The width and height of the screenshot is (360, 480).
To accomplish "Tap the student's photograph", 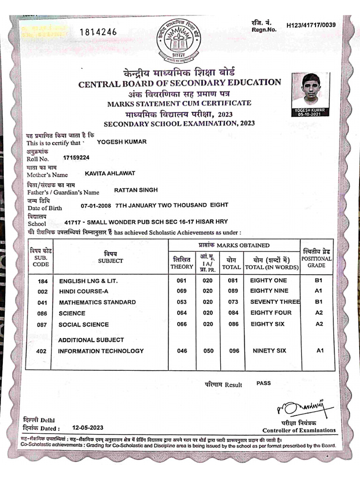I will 310,91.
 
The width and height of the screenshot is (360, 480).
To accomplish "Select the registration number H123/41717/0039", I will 311,25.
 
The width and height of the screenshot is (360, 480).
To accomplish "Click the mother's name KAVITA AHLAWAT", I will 110,173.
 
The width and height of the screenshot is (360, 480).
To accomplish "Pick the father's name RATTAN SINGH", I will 135,190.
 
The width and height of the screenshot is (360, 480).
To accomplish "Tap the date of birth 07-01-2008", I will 96,206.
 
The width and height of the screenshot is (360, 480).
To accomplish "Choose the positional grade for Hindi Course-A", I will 319,291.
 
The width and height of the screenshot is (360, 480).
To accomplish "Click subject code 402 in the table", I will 42,351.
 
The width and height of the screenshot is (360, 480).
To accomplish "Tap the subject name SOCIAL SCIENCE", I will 83,324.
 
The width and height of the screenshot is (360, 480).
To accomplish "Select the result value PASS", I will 263,383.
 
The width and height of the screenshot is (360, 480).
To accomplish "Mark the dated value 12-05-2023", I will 88,427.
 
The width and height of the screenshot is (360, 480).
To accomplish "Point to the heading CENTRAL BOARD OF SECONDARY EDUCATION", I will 180,83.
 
